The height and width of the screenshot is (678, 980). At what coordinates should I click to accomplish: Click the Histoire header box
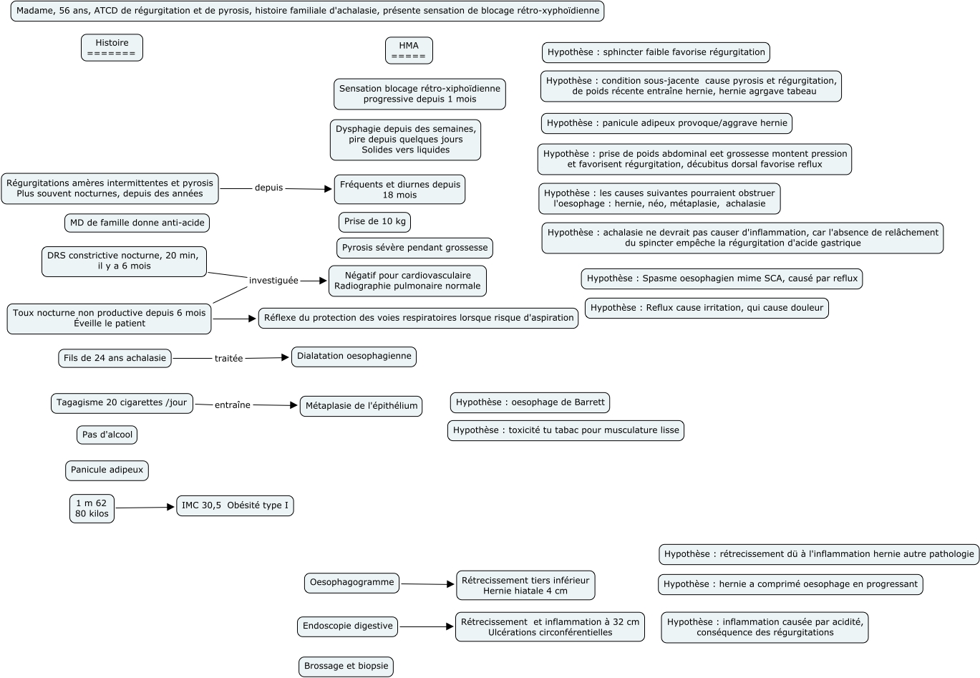click(x=112, y=47)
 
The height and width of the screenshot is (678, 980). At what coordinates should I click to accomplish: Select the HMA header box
click(x=409, y=50)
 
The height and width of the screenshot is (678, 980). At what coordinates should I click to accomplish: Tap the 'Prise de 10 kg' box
click(x=374, y=222)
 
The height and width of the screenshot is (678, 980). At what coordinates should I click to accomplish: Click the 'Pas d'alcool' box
click(x=107, y=435)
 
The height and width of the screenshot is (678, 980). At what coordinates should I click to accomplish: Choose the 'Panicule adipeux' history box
click(x=107, y=470)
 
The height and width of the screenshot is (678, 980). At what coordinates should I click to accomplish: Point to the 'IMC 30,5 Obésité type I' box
click(x=235, y=505)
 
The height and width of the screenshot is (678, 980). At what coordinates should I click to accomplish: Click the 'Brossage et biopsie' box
click(x=346, y=667)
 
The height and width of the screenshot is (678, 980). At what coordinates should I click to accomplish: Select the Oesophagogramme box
click(x=351, y=583)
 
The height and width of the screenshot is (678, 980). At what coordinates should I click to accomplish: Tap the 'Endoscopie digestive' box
click(x=347, y=626)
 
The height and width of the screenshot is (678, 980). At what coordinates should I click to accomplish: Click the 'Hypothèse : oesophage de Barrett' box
click(x=530, y=402)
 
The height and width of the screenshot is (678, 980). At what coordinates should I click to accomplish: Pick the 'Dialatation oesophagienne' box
click(x=354, y=357)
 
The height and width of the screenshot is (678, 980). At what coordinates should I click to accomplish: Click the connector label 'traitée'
click(x=229, y=358)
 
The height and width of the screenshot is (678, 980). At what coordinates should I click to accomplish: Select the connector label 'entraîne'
click(x=233, y=405)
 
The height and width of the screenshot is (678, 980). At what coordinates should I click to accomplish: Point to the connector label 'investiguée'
click(x=273, y=281)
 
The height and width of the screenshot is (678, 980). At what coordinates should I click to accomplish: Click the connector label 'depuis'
click(x=268, y=188)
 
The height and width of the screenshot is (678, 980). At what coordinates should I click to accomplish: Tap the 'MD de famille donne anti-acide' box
click(x=137, y=223)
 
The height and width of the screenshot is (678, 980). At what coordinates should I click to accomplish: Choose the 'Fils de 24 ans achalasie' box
click(x=115, y=358)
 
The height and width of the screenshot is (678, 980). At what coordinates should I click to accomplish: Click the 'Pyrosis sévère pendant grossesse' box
click(x=414, y=248)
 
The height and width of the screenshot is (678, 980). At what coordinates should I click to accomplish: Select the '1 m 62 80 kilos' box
click(x=92, y=508)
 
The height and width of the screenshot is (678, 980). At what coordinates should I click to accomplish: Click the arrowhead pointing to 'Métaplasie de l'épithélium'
click(x=293, y=406)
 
